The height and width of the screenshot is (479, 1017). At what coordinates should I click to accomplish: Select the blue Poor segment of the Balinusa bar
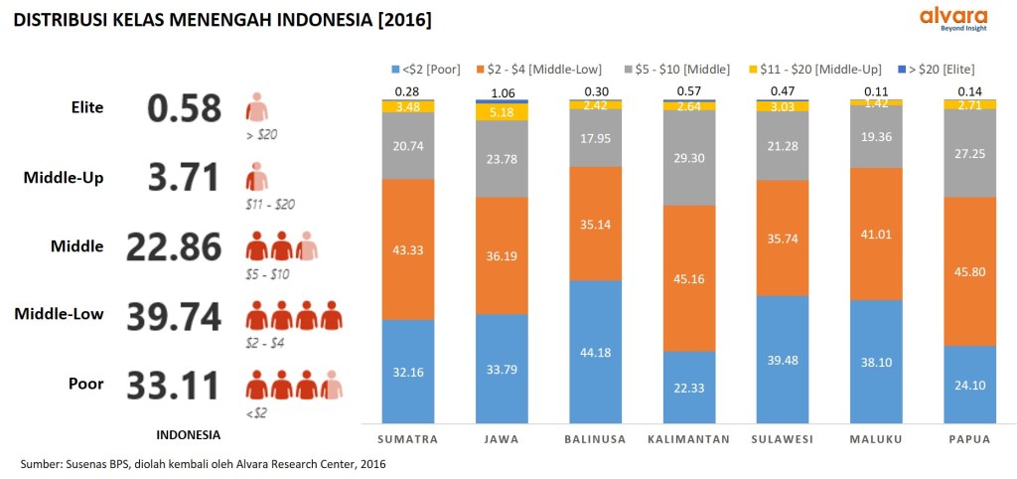pos(595,351)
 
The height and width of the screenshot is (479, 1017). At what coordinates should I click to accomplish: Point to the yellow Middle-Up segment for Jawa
pos(502,112)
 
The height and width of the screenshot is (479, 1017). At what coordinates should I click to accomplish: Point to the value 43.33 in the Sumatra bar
pos(408,249)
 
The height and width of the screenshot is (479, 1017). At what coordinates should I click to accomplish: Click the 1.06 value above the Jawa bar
pos(502,92)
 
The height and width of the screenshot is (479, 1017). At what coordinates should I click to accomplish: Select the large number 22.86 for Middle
pos(175,245)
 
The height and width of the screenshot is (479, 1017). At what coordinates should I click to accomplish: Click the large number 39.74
pos(175,316)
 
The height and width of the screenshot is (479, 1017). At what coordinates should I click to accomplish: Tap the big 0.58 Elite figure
pos(184,107)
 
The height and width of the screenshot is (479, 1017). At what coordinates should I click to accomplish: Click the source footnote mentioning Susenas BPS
pos(203,463)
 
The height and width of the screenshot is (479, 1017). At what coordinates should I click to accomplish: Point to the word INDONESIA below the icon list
pos(189,434)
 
